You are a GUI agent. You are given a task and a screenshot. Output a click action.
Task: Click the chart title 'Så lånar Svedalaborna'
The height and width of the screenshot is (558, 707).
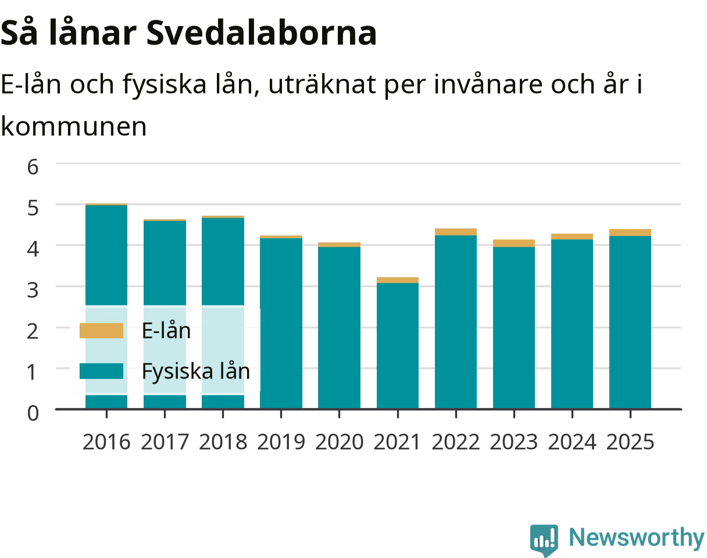tap(188, 33)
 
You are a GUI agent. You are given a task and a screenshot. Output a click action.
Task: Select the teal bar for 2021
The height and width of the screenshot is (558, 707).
tap(398, 346)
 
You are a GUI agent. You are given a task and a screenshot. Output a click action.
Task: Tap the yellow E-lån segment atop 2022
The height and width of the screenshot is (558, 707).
tap(456, 232)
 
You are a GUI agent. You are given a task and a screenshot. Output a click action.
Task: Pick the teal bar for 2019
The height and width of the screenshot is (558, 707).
tap(281, 324)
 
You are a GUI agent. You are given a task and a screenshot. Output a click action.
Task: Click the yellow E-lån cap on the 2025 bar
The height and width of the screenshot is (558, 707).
tap(630, 233)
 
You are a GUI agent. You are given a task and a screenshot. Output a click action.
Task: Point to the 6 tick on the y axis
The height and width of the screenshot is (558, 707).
tap(33, 167)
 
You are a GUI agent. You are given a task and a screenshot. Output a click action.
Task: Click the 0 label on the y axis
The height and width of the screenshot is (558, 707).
tap(33, 413)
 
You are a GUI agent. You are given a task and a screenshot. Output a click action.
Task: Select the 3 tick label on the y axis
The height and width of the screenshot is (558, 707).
tap(33, 290)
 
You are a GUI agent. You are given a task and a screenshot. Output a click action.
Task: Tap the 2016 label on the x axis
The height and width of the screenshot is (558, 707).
tap(106, 442)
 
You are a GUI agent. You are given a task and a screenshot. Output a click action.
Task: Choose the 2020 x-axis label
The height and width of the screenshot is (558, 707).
tap(340, 442)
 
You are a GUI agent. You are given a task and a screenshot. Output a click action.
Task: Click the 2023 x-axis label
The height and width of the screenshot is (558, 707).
tap(514, 442)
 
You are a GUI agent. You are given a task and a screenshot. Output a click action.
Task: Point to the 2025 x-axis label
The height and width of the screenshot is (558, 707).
tap(630, 442)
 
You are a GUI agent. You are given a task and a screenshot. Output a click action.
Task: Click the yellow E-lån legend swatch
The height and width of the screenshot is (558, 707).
tap(102, 331)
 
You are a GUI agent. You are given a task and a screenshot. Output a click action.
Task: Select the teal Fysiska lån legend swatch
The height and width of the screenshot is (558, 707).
tap(102, 371)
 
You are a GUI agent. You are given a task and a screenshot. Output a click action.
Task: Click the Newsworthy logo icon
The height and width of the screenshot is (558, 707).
tap(544, 540)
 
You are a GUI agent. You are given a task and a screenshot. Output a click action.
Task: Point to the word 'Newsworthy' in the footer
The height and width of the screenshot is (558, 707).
tap(637, 538)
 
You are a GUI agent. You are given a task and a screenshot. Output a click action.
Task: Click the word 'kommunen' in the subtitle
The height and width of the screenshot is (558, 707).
tap(74, 127)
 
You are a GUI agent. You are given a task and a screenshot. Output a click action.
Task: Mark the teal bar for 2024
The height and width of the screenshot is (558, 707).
tap(572, 324)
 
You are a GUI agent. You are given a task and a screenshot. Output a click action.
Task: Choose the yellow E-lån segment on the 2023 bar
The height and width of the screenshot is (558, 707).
tap(514, 244)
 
